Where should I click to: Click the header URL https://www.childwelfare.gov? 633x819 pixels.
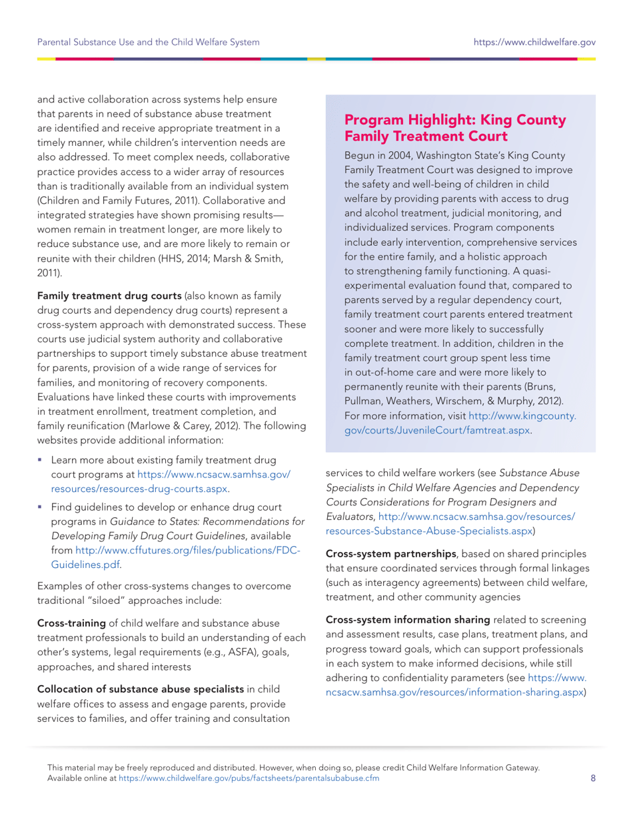click(534, 43)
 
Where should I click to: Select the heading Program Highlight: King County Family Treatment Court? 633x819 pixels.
click(455, 129)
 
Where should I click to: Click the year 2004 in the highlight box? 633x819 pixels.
click(378, 155)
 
